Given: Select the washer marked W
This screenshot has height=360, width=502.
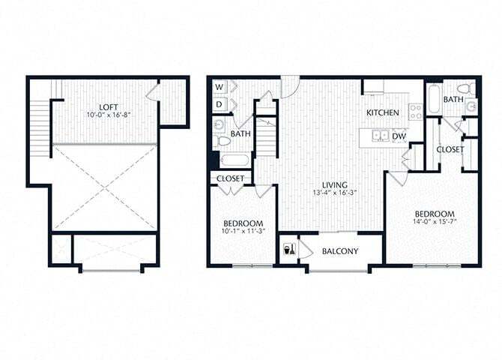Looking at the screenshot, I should pyautogui.click(x=220, y=87).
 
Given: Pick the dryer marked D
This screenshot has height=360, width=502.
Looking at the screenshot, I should pyautogui.click(x=220, y=103).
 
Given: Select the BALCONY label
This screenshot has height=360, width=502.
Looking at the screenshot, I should pyautogui.click(x=339, y=251).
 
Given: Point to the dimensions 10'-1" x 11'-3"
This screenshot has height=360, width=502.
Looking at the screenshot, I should pyautogui.click(x=243, y=232).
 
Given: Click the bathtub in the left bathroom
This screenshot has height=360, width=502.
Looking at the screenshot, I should pyautogui.click(x=234, y=160).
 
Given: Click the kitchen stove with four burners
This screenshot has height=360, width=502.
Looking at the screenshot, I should pyautogui.click(x=415, y=109).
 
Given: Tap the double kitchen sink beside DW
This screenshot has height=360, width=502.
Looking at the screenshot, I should pyautogui.click(x=381, y=136).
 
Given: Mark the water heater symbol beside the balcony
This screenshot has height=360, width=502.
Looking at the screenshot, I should pyautogui.click(x=288, y=250).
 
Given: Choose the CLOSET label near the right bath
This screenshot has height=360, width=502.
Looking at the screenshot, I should pyautogui.click(x=450, y=149).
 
